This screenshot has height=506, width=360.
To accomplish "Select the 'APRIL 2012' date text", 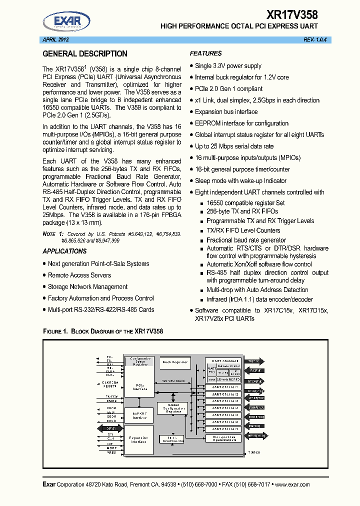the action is [x=54, y=39].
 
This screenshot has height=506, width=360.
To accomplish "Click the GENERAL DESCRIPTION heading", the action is [x=85, y=54].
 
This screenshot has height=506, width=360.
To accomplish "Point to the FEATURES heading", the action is [x=205, y=53].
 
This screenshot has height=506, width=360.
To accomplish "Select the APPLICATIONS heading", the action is [x=64, y=251].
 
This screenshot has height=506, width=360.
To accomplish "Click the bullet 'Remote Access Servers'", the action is [x=79, y=275].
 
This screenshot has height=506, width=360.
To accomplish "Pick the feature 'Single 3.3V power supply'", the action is [x=228, y=65].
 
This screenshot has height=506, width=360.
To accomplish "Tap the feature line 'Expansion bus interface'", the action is [x=226, y=111].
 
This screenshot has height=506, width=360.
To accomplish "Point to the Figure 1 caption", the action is [x=103, y=331].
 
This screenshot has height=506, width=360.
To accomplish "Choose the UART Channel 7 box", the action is [x=225, y=429].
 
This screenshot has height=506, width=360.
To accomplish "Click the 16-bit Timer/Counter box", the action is [x=171, y=438].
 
